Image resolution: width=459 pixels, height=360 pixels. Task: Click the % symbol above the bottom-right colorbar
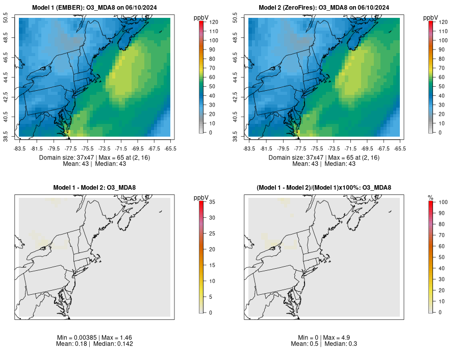coord(430,197)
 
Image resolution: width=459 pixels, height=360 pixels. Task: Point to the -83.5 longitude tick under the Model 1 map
coord(20,149)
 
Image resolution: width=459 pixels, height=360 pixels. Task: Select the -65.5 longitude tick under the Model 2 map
coord(400,149)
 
